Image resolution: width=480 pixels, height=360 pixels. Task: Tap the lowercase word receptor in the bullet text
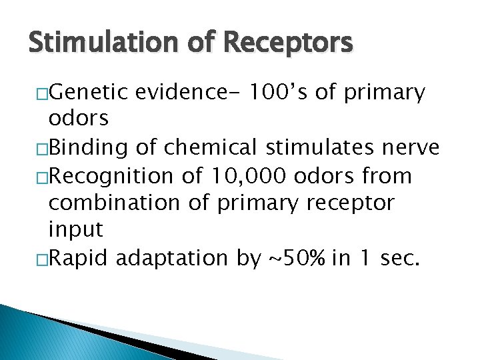pyautogui.click(x=361, y=203)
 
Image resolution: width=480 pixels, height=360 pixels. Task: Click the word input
pyautogui.click(x=76, y=230)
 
